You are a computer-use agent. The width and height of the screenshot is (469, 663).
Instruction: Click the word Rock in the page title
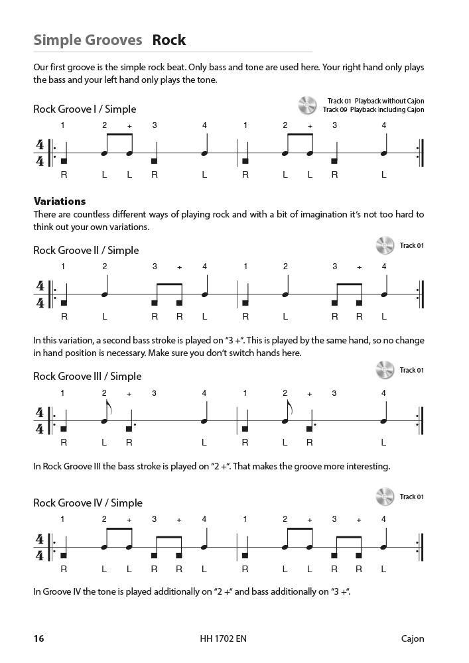point(169,40)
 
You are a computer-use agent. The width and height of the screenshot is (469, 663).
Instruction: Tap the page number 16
point(38,639)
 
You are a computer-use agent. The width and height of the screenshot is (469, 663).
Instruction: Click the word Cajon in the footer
point(412,639)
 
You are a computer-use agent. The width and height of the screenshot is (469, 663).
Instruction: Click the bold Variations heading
point(60,201)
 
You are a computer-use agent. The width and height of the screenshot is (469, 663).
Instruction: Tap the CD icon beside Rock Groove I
point(307,105)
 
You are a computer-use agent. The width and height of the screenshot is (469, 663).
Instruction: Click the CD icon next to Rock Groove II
point(385,246)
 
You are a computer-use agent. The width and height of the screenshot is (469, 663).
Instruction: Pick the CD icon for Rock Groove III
point(385,370)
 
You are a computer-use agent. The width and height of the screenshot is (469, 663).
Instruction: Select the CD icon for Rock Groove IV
point(385,497)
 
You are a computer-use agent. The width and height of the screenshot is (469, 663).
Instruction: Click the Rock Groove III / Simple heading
point(87,376)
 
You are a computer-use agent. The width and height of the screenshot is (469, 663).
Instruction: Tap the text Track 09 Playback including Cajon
point(373,110)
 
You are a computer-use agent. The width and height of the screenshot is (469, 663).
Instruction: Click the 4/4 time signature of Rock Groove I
point(40,153)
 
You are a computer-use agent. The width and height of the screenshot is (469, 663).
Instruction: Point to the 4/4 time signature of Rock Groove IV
point(40,547)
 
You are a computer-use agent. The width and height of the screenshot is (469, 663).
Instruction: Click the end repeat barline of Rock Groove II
point(420,294)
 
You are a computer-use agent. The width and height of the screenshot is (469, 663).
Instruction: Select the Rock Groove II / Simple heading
point(86,250)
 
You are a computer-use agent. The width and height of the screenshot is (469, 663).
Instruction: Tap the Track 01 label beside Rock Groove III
point(411,370)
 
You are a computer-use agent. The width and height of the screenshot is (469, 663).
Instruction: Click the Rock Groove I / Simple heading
point(84,109)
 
